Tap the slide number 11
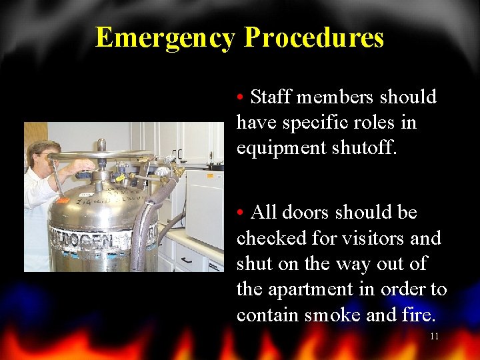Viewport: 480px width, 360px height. (x=434, y=336)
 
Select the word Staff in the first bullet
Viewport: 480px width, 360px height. (x=271, y=97)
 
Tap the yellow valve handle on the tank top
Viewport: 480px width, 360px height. (x=121, y=178)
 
